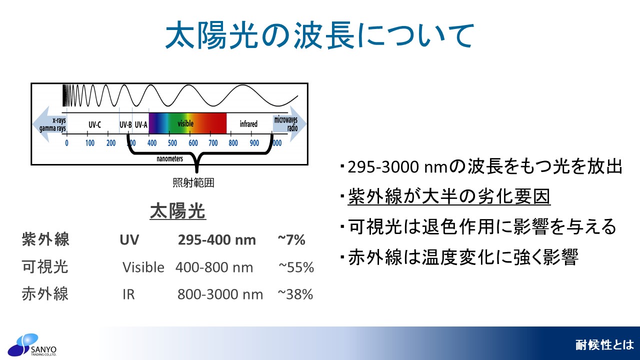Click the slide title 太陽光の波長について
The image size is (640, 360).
pyautogui.click(x=319, y=35)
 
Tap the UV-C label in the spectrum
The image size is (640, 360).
pyautogui.click(x=94, y=125)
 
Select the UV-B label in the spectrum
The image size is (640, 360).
pyautogui.click(x=125, y=125)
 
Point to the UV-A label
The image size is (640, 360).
pyautogui.click(x=141, y=125)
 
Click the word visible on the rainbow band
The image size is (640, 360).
pyautogui.click(x=185, y=123)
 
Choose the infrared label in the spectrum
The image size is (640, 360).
pyautogui.click(x=248, y=124)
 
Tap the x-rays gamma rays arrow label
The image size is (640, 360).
pyautogui.click(x=53, y=124)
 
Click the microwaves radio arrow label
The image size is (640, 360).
pyautogui.click(x=285, y=123)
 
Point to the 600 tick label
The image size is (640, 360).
pyautogui.click(x=193, y=143)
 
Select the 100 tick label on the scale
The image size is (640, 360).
pyautogui.click(x=89, y=143)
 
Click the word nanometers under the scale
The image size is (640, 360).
pyautogui.click(x=169, y=158)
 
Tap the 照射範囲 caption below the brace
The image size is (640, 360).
pyautogui.click(x=193, y=182)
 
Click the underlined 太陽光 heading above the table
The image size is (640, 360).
pyautogui.click(x=177, y=211)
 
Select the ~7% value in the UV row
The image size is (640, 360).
pyautogui.click(x=291, y=240)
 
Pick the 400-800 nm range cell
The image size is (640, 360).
pyautogui.click(x=214, y=267)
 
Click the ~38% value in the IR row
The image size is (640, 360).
pyautogui.click(x=295, y=294)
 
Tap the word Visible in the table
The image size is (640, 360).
pyautogui.click(x=143, y=267)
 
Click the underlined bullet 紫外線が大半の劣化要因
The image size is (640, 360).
pyautogui.click(x=449, y=196)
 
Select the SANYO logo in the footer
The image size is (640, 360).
pyautogui.click(x=32, y=345)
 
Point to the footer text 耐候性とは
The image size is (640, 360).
pyautogui.click(x=604, y=345)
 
